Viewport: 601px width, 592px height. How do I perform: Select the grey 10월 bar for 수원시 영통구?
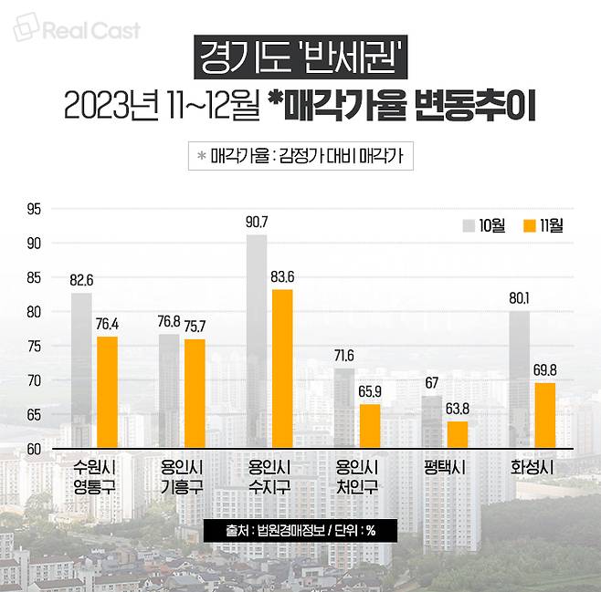(x=81, y=370)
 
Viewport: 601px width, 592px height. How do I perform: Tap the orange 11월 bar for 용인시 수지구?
(x=281, y=369)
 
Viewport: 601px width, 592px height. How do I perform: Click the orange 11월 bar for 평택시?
(x=457, y=434)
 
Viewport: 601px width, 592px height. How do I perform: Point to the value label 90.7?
(x=257, y=223)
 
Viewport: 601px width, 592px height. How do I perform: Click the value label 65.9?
(x=369, y=392)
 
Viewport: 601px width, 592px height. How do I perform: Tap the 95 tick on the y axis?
(x=34, y=209)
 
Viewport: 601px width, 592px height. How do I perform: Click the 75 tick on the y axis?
(x=34, y=346)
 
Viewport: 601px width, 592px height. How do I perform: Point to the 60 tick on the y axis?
(x=34, y=449)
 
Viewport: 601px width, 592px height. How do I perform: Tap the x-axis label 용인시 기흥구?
(x=181, y=476)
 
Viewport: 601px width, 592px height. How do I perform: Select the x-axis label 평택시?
(x=446, y=467)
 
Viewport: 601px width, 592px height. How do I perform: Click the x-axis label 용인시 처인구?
(x=357, y=476)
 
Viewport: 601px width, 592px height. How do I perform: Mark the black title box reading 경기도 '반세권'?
(x=300, y=60)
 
